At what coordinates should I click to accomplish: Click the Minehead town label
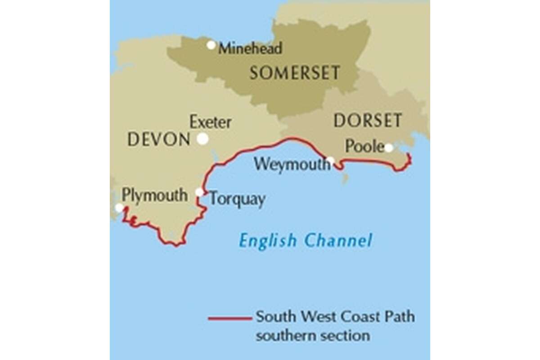250,48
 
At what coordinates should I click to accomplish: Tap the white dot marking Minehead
211,45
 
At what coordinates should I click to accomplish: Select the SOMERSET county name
295,73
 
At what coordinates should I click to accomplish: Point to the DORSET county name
368,121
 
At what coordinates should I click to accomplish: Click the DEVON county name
159,140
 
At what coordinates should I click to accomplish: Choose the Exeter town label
211,122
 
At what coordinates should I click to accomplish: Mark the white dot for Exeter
202,139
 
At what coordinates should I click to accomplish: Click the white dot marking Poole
388,147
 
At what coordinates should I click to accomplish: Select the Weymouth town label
291,164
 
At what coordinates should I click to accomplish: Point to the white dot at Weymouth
331,160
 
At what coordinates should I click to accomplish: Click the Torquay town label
237,199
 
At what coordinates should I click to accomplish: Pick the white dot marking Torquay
199,192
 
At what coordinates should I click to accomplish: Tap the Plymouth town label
154,195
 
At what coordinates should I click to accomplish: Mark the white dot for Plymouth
119,207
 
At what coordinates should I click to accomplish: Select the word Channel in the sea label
338,240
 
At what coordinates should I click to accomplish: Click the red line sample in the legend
229,319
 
